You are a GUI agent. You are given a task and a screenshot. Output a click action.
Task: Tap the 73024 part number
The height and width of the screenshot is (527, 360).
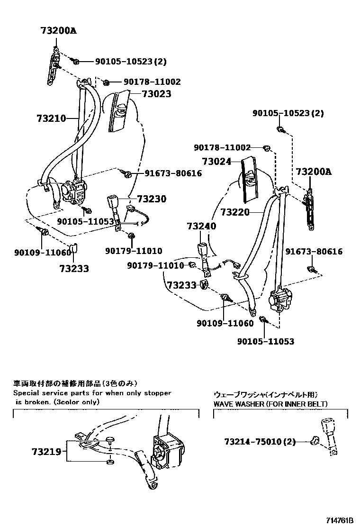(216, 162)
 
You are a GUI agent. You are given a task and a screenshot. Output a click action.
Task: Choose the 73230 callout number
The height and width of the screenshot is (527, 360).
(152, 199)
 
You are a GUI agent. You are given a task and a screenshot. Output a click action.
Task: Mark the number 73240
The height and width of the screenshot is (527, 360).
(201, 226)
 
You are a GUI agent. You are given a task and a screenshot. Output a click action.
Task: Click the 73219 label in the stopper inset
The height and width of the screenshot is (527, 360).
(47, 452)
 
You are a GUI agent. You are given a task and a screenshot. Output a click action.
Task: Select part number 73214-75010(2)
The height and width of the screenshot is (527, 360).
(260, 442)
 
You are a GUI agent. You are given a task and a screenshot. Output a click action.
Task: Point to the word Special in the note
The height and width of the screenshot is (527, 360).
(27, 393)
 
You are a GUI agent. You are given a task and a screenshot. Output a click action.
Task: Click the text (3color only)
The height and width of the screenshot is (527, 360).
(75, 401)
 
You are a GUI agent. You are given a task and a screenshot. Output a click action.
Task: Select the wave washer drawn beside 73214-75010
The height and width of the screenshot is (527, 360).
(314, 442)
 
